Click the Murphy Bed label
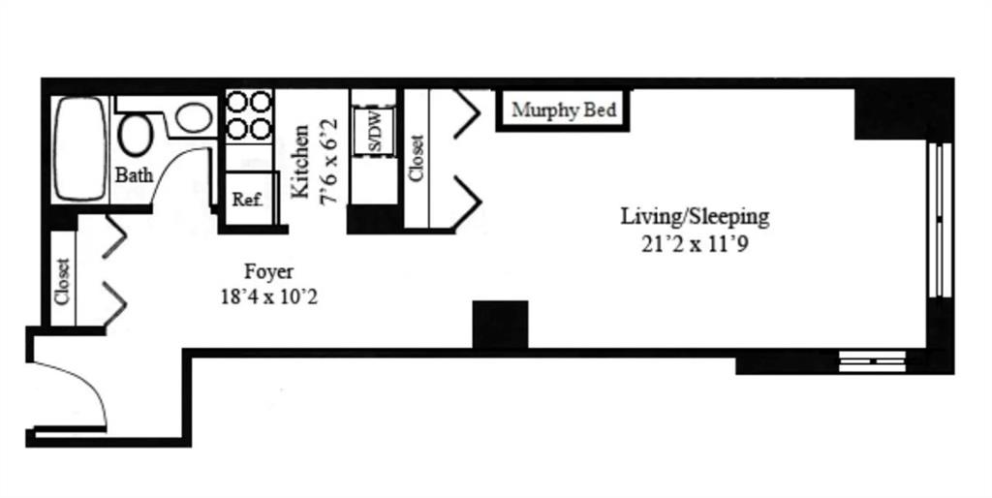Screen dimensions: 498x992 (564, 110)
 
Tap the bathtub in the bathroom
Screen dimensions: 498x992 (79, 148)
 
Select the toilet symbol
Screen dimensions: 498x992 (136, 134)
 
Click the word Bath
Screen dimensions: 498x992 (134, 175)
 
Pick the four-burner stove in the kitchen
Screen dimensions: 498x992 (249, 115)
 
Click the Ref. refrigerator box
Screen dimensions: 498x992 (247, 201)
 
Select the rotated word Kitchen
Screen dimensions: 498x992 (302, 161)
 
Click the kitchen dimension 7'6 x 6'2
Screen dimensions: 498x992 (329, 161)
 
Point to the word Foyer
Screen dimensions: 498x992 (268, 271)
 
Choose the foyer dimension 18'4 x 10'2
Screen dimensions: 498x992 (268, 296)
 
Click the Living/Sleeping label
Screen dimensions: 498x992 (695, 216)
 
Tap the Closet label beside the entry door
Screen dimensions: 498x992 (62, 281)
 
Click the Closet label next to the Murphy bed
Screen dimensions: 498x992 (417, 158)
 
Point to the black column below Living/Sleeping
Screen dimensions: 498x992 (500, 324)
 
